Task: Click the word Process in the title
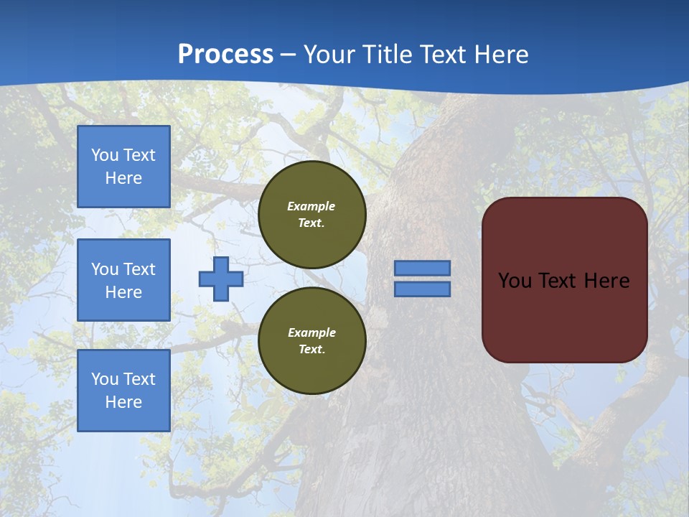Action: coord(225,54)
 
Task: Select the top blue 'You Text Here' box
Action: coord(123,167)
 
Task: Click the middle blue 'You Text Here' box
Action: coord(123,280)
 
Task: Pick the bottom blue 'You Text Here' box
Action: coord(123,391)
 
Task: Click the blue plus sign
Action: coord(221,279)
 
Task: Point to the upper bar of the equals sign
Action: coord(423,268)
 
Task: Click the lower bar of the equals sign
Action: coord(423,289)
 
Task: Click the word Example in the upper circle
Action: coord(311,206)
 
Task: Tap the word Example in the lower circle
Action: coord(311,332)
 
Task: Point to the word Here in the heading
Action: coord(501,54)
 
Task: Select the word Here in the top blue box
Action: coord(123,178)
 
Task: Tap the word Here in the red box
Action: coord(606,280)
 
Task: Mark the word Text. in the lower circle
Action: coord(311,350)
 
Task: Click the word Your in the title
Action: coord(329,54)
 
